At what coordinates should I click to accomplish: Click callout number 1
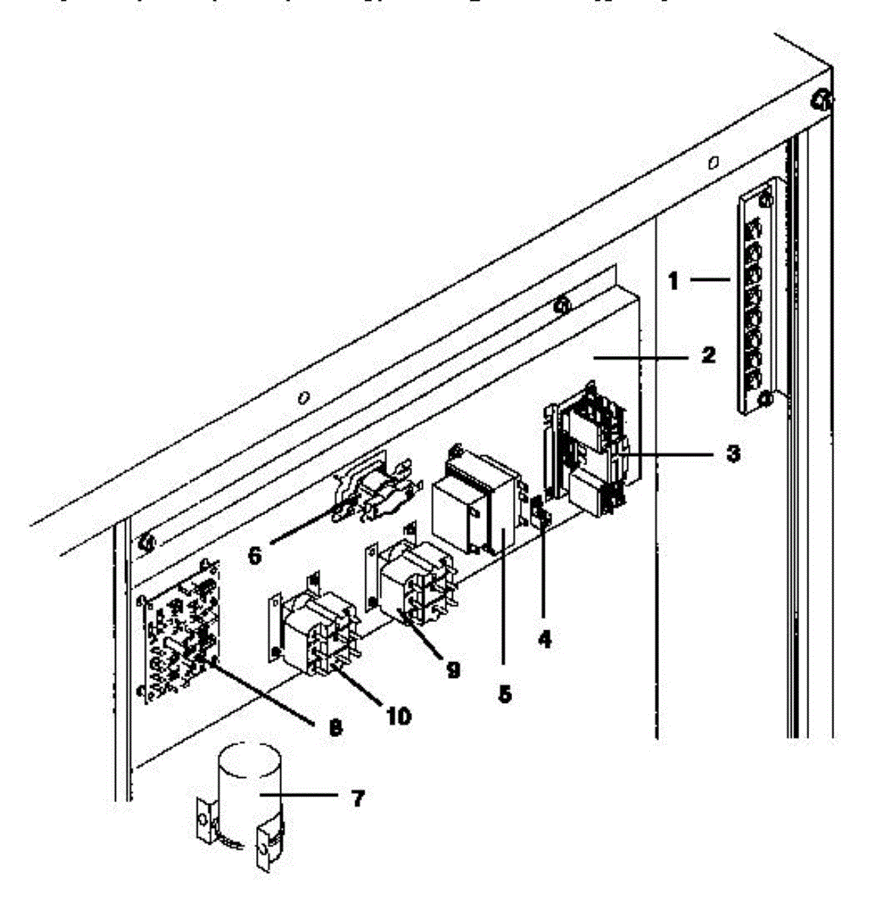(x=673, y=282)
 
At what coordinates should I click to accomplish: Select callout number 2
(x=708, y=355)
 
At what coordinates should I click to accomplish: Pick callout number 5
(x=503, y=692)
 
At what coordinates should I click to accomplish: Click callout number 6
(x=255, y=555)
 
